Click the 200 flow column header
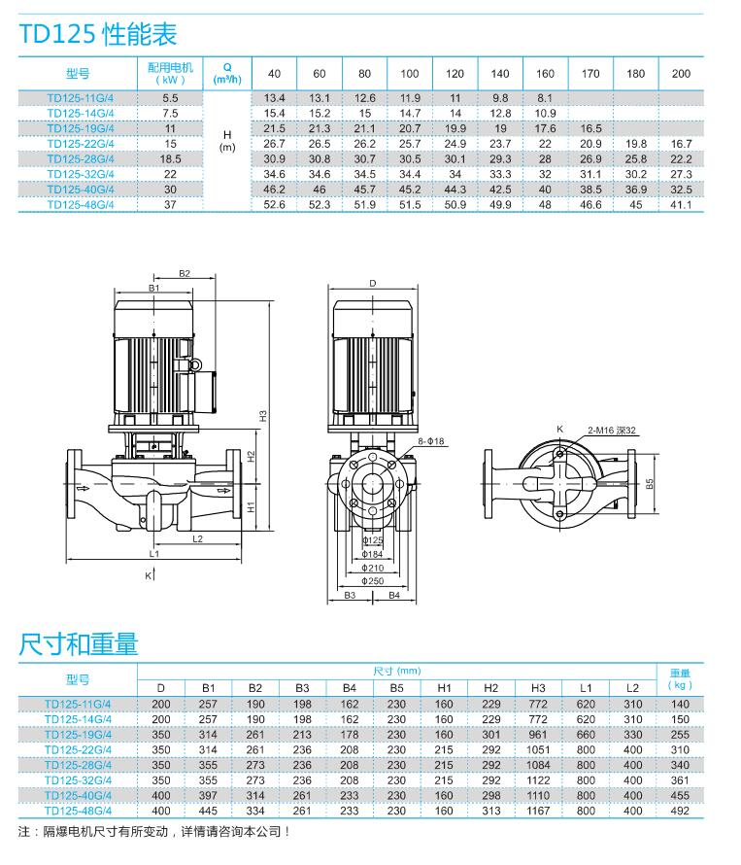681,74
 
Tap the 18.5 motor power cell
171,158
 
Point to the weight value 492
681,810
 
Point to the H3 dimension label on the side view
262,415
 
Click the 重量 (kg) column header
681,678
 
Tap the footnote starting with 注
154,833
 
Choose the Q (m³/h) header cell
227,74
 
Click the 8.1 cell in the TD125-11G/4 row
545,98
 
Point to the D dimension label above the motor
372,284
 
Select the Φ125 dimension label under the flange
372,539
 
